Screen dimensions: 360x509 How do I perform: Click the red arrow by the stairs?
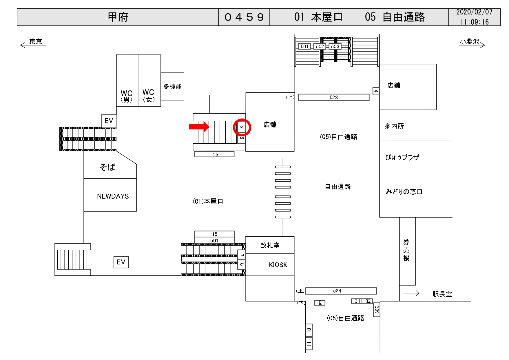pyautogui.click(x=199, y=127)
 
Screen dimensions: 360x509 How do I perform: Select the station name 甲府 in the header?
pyautogui.click(x=118, y=17)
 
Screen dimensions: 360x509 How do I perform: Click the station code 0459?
pyautogui.click(x=244, y=17)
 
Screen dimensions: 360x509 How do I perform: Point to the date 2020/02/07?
pyautogui.click(x=474, y=12)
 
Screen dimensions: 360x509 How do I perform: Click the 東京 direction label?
pyautogui.click(x=35, y=42)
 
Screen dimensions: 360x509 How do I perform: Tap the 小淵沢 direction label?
pyautogui.click(x=469, y=42)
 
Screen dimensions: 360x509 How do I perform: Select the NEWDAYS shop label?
pyautogui.click(x=113, y=196)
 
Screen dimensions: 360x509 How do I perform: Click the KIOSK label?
pyautogui.click(x=278, y=265)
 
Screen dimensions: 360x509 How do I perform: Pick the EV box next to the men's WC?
pyautogui.click(x=109, y=121)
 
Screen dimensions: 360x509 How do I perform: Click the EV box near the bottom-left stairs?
pyautogui.click(x=121, y=262)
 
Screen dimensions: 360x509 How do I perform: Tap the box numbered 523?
pyautogui.click(x=333, y=97)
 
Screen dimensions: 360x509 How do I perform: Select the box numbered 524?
pyautogui.click(x=341, y=290)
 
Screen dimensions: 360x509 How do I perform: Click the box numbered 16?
pyautogui.click(x=214, y=154)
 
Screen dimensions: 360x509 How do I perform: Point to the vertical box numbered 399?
pyautogui.click(x=377, y=310)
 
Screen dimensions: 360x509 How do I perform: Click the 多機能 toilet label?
pyautogui.click(x=172, y=87)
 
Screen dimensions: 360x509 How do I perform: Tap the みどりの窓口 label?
pyautogui.click(x=404, y=192)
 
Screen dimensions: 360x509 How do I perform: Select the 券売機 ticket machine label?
pyautogui.click(x=406, y=250)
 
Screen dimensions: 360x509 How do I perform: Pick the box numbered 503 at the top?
pyautogui.click(x=335, y=46)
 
